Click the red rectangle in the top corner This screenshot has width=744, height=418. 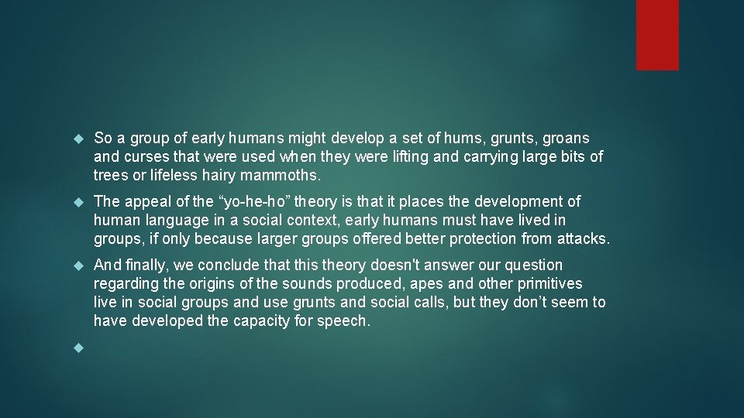(x=657, y=35)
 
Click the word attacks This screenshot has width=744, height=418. (x=583, y=238)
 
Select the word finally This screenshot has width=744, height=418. (x=145, y=265)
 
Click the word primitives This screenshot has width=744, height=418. (x=548, y=283)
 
